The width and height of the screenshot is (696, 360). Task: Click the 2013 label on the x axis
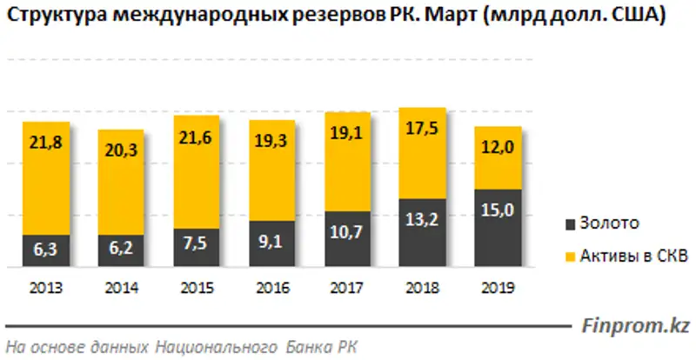coord(46,287)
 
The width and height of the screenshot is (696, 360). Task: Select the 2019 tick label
coord(498,287)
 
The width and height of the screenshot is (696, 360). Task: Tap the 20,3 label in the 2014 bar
coord(121,150)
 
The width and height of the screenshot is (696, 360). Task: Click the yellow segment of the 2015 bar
coord(197,174)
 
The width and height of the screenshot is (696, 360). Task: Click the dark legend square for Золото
coord(571,223)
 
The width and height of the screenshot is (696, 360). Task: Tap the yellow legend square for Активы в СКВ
coord(571,255)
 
